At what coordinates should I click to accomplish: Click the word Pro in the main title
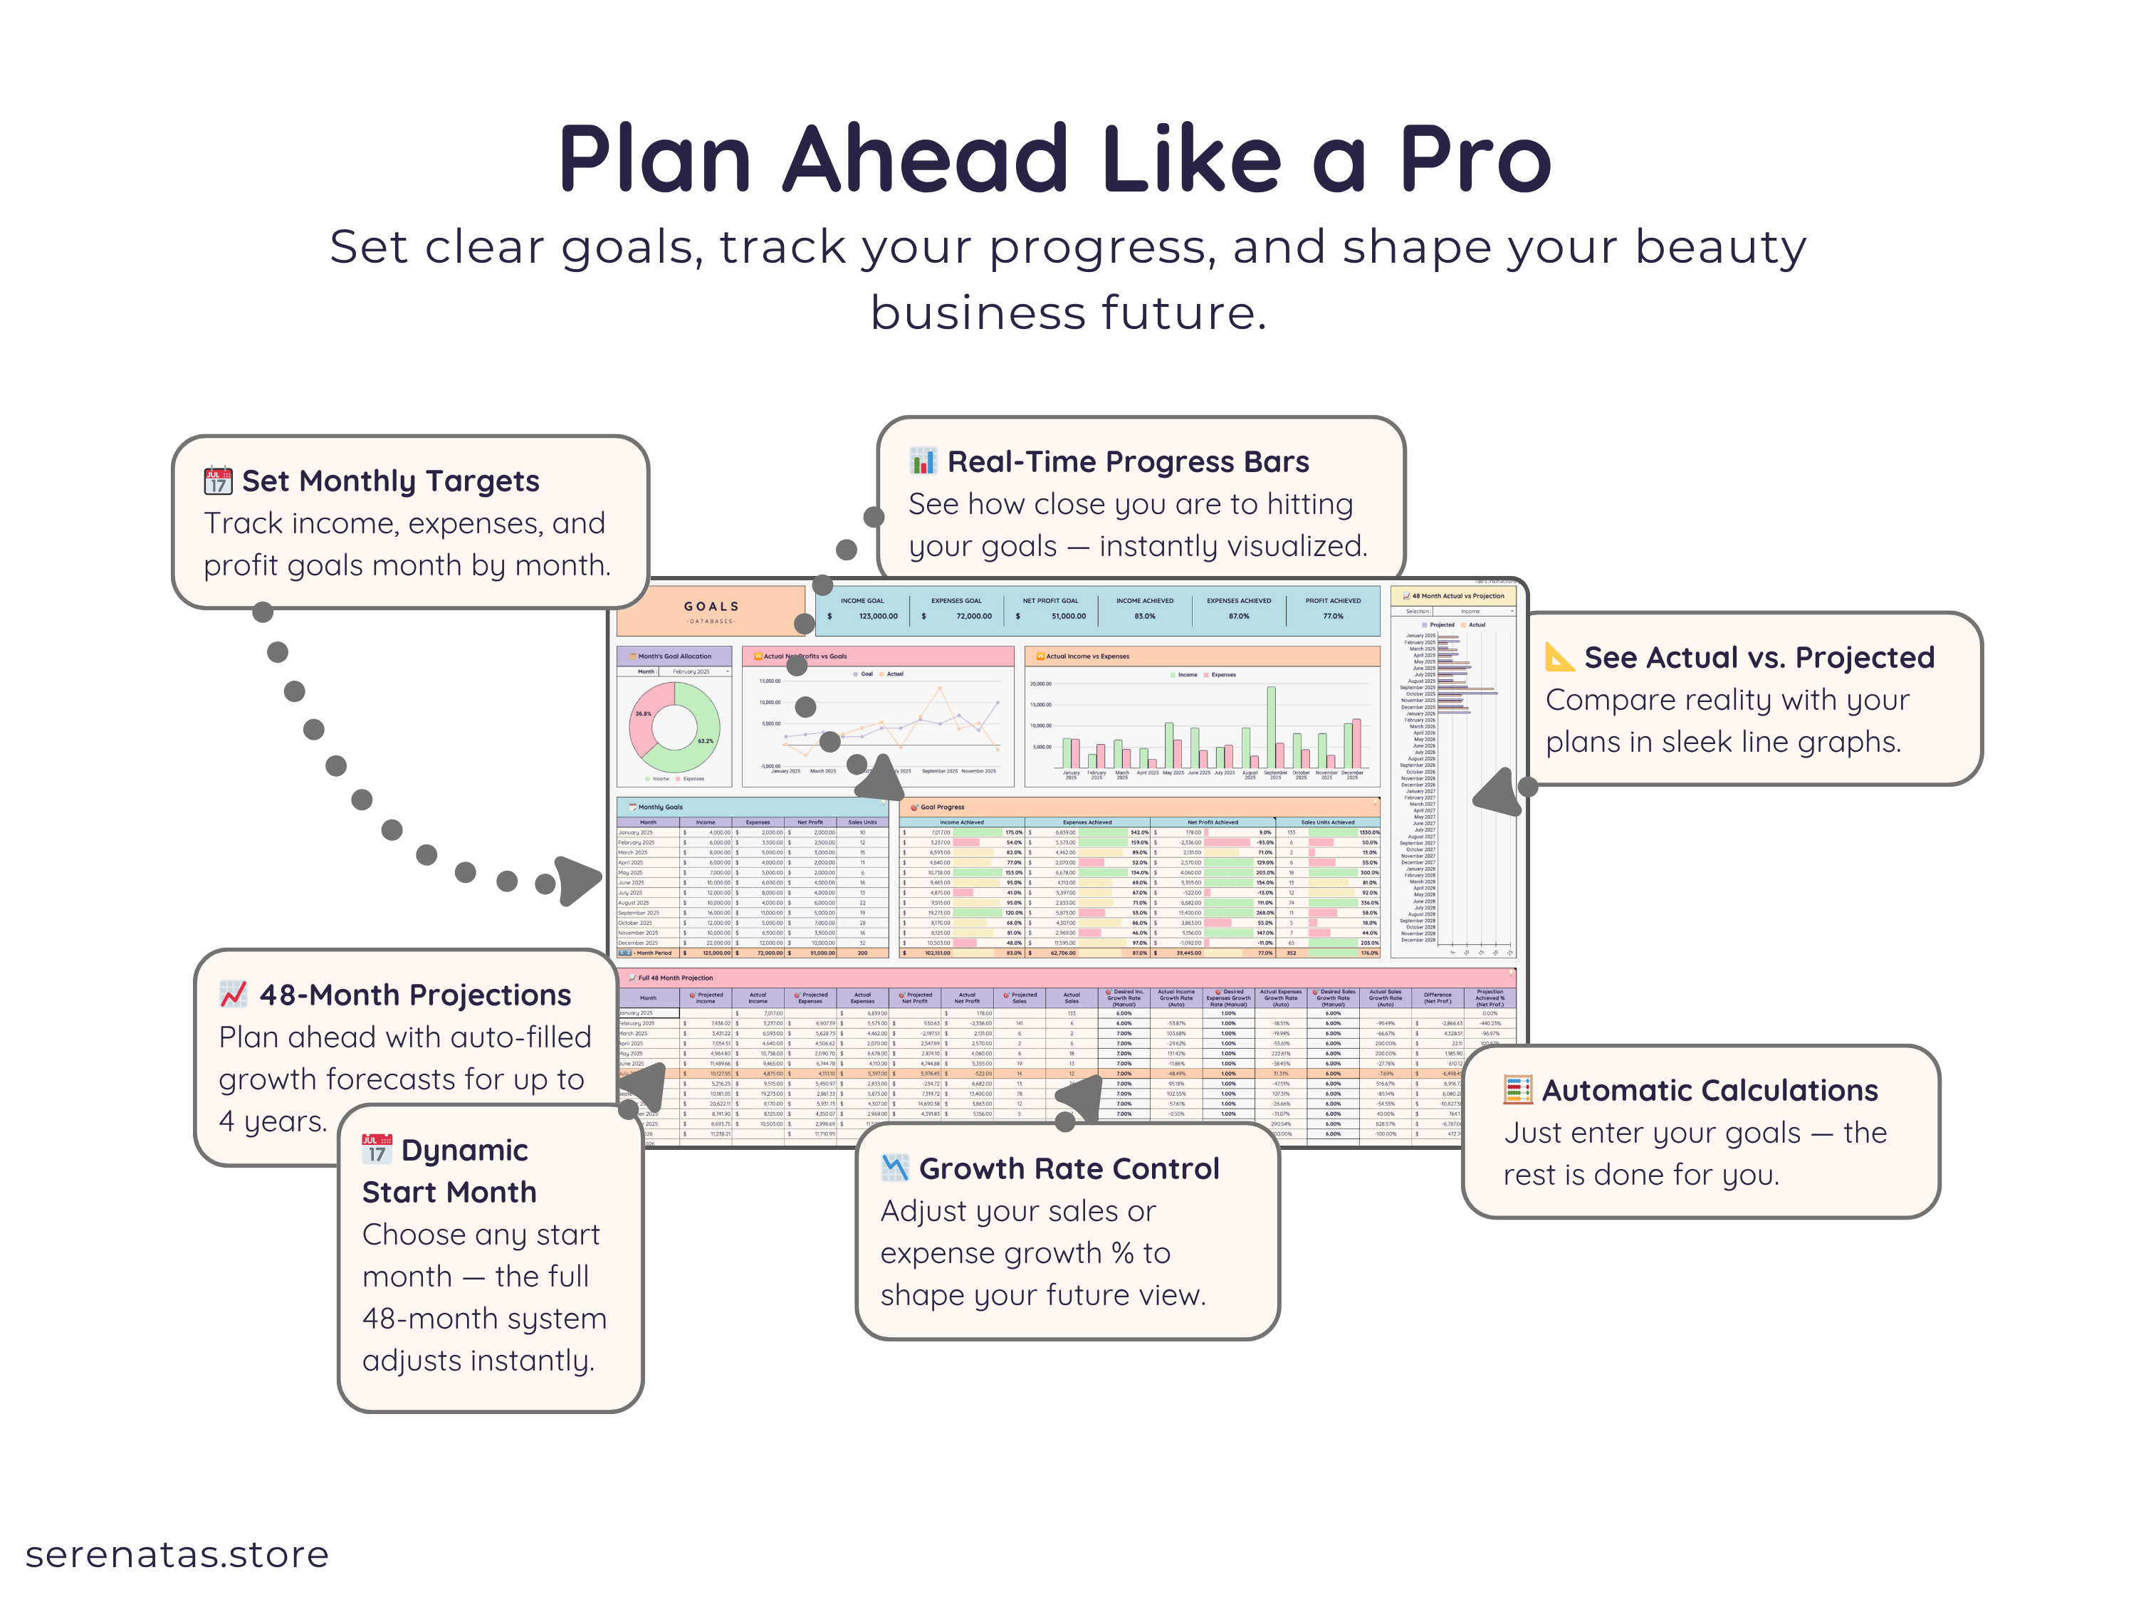[x=1475, y=160]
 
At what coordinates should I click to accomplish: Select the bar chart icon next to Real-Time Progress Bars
[x=923, y=461]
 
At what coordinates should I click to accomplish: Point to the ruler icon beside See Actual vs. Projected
[x=1559, y=656]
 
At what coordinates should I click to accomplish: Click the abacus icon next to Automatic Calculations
[x=1518, y=1090]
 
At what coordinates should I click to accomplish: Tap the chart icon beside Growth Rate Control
[x=895, y=1168]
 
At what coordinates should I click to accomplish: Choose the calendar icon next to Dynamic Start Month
[x=377, y=1149]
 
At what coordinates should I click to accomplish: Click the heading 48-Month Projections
[x=414, y=995]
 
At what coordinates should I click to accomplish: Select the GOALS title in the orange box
[x=712, y=607]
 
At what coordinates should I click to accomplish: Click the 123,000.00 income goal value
[x=878, y=616]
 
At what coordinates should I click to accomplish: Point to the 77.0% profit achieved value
[x=1333, y=616]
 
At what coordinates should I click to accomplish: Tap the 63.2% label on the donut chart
[x=706, y=740]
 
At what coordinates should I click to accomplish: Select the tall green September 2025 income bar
[x=1272, y=726]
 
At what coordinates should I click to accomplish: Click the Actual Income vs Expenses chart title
[x=1087, y=656]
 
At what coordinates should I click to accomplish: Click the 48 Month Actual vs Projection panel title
[x=1457, y=596]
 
